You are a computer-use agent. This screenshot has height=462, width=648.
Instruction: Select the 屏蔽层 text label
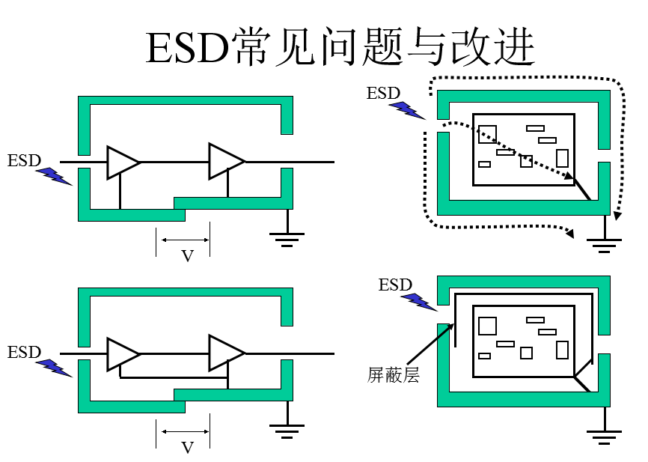[393, 374]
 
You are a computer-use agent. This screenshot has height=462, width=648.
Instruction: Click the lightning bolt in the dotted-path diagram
[406, 109]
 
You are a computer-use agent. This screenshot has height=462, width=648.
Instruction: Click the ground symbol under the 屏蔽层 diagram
[604, 435]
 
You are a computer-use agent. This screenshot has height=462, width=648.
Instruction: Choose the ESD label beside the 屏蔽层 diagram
[395, 285]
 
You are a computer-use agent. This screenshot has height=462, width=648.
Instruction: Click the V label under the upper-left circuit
[187, 256]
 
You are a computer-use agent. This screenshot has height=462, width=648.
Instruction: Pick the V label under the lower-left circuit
[187, 448]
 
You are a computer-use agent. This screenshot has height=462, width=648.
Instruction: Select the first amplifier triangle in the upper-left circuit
[121, 162]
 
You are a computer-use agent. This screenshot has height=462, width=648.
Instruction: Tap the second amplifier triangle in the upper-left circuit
[224, 162]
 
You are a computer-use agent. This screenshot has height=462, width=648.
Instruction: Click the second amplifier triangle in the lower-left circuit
[224, 353]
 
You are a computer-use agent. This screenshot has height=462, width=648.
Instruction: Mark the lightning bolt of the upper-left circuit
[54, 177]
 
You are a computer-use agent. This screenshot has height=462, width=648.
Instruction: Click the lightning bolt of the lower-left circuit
[54, 368]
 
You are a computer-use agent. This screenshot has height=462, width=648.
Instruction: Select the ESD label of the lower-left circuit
[24, 352]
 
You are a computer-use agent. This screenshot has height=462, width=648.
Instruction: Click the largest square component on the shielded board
[487, 326]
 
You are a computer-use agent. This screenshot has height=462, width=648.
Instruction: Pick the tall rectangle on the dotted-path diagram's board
[562, 158]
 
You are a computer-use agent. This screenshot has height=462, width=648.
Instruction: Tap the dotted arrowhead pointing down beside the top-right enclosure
[617, 216]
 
